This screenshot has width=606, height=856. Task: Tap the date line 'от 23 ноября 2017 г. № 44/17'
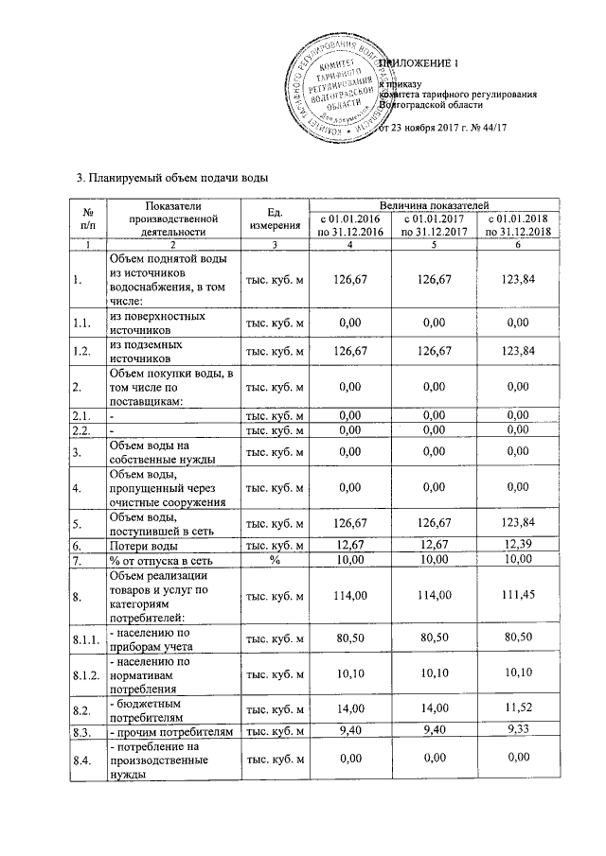click(x=437, y=128)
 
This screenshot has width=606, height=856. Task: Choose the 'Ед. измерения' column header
click(x=276, y=219)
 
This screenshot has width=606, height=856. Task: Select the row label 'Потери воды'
click(x=144, y=546)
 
